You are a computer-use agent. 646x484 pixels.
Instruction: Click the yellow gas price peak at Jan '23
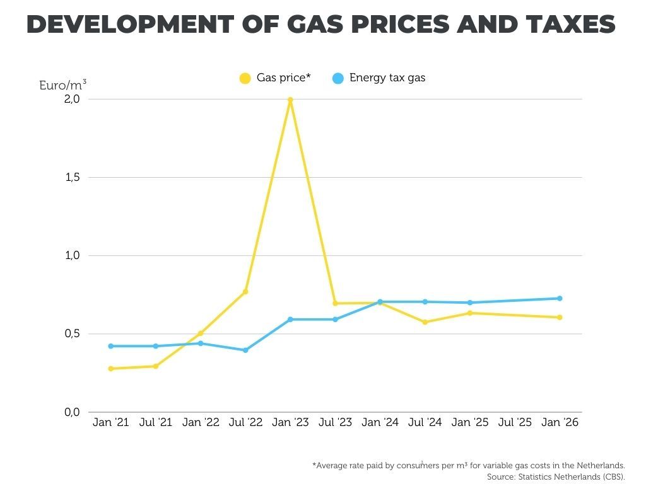click(290, 100)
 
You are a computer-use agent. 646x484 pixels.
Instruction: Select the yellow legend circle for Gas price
click(245, 79)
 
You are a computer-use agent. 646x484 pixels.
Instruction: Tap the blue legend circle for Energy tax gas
click(338, 79)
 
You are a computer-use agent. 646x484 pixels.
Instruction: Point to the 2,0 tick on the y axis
click(71, 99)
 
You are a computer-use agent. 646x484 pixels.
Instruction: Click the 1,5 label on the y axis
click(71, 177)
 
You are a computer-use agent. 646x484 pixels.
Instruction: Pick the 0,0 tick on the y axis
click(71, 412)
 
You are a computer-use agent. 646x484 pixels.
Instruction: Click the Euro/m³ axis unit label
click(62, 84)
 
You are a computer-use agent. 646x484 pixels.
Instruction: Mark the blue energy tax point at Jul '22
click(245, 350)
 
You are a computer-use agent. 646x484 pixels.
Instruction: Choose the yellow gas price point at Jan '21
click(111, 369)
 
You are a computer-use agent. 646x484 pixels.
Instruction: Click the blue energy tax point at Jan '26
click(560, 299)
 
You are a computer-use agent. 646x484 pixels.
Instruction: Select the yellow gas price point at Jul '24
click(425, 322)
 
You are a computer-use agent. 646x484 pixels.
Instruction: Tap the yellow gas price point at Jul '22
click(245, 292)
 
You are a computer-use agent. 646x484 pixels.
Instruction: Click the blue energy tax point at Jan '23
click(290, 320)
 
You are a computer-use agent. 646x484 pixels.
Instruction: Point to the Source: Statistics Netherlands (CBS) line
click(555, 477)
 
